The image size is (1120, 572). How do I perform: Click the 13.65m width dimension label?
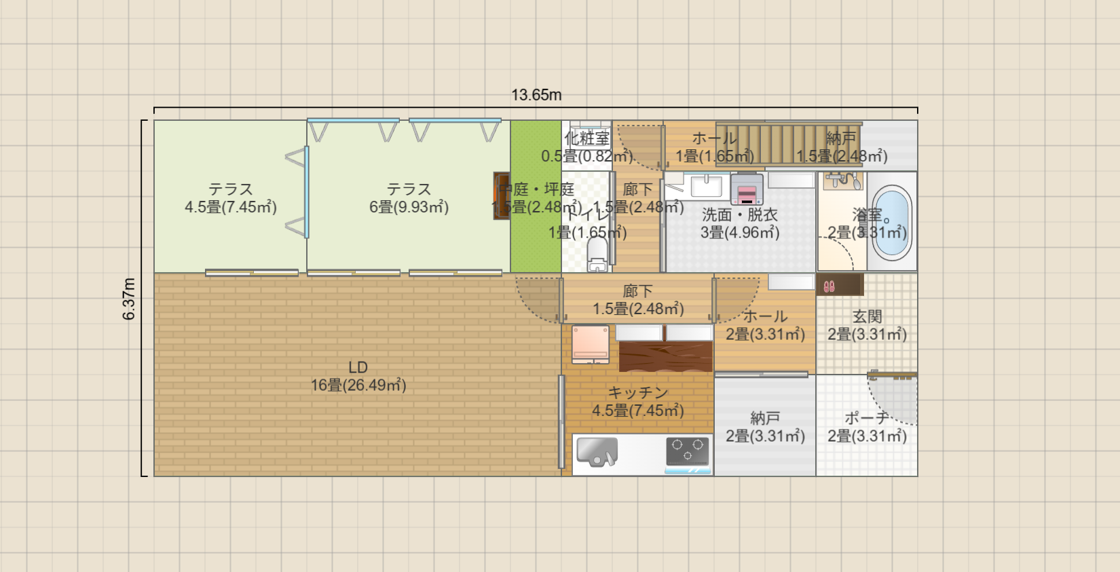[x=536, y=95]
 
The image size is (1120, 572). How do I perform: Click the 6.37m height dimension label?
[x=129, y=299]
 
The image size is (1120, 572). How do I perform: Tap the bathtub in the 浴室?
[x=891, y=222]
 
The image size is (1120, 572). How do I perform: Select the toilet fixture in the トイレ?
[x=597, y=254]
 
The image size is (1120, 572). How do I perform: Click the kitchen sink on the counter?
[x=597, y=452]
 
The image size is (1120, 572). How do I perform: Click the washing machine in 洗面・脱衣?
[x=747, y=189]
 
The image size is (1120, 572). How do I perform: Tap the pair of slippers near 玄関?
[x=829, y=286]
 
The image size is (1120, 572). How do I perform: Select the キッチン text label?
[x=637, y=393]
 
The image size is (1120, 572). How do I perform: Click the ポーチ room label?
[x=867, y=419]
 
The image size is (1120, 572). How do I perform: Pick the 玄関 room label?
[x=867, y=317]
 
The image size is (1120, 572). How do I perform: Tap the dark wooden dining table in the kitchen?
[x=665, y=357]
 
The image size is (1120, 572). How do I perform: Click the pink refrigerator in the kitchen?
[x=590, y=344]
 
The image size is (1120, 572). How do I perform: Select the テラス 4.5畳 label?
[x=231, y=198]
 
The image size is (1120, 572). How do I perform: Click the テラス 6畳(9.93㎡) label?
[x=409, y=198]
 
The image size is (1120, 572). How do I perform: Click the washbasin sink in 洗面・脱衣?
[x=706, y=185]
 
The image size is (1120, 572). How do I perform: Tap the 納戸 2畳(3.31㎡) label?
[x=765, y=427]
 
